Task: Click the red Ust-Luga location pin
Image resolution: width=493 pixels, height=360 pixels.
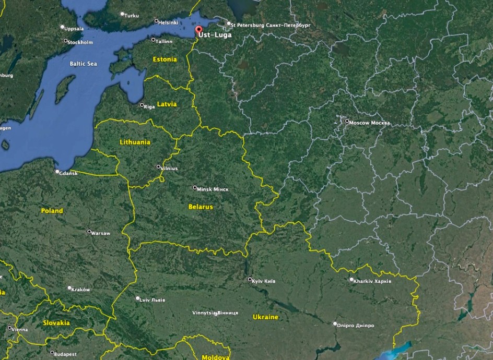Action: pyautogui.click(x=198, y=30)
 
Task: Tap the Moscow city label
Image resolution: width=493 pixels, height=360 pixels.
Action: pyautogui.click(x=369, y=123)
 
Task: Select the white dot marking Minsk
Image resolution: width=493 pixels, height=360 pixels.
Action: pyautogui.click(x=195, y=188)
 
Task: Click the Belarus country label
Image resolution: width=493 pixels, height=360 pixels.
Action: pyautogui.click(x=201, y=207)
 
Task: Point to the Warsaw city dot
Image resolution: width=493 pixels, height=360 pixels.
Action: pyautogui.click(x=89, y=232)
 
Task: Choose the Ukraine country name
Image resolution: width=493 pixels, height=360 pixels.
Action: pyautogui.click(x=265, y=317)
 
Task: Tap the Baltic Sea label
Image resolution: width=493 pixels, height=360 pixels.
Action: pyautogui.click(x=83, y=64)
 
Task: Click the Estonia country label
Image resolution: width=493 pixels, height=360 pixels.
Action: pyautogui.click(x=165, y=59)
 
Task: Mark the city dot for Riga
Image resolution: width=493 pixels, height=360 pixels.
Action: pyautogui.click(x=142, y=105)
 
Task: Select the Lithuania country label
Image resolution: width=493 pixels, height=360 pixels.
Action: pyautogui.click(x=135, y=142)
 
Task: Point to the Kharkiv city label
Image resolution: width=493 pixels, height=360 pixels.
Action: pyautogui.click(x=372, y=281)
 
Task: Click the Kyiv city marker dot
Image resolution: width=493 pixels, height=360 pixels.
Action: pyautogui.click(x=250, y=280)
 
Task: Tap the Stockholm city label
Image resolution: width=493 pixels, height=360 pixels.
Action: pyautogui.click(x=80, y=42)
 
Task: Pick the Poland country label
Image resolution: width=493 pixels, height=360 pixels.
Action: pyautogui.click(x=52, y=211)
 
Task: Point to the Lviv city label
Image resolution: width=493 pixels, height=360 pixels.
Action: pyautogui.click(x=154, y=300)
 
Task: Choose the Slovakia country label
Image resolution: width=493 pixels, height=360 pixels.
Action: pyautogui.click(x=56, y=323)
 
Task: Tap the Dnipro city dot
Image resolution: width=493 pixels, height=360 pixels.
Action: pyautogui.click(x=335, y=323)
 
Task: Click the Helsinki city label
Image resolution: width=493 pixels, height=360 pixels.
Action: pyautogui.click(x=169, y=22)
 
